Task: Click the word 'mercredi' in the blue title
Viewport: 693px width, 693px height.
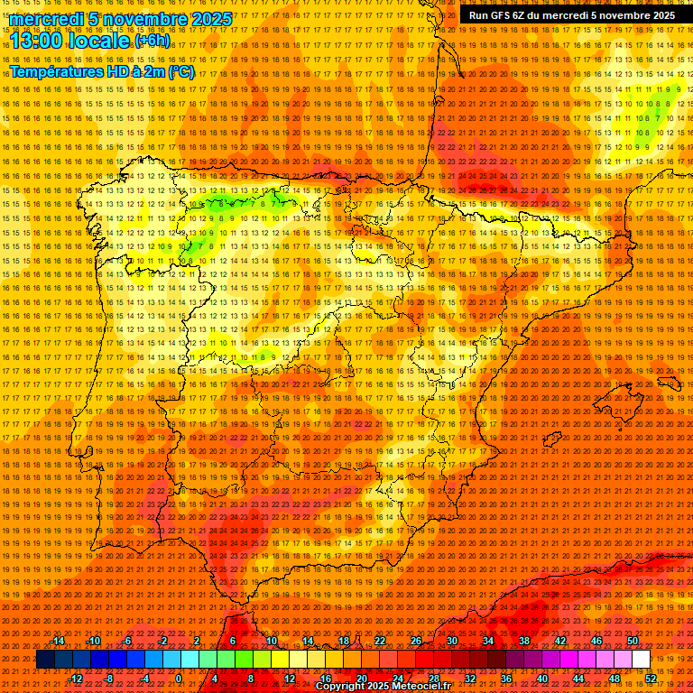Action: coord(43,19)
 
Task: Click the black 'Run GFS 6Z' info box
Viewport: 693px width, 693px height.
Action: coord(571,15)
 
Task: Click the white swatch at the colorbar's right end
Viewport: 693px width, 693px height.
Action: coord(642,660)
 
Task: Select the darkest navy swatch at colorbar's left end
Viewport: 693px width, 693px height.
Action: coord(44,660)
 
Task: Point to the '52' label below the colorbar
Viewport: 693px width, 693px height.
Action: coord(651,678)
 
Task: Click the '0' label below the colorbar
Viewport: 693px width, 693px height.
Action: coord(179,678)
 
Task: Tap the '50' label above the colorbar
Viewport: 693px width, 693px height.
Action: coord(633,641)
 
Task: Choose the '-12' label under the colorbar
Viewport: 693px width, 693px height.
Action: coord(76,678)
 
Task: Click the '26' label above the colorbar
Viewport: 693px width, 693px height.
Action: coord(416,641)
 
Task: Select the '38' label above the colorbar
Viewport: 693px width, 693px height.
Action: coord(524,641)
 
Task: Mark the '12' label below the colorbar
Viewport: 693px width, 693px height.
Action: coord(290,678)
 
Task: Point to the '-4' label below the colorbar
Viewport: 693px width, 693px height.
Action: coord(144,678)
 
